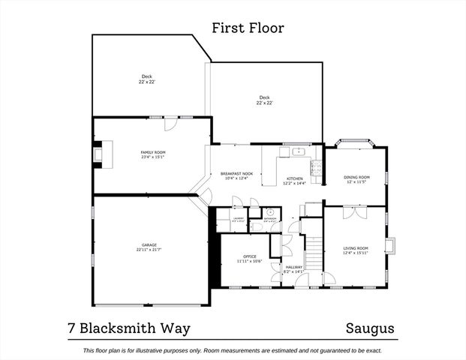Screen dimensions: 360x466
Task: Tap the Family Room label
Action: (x=152, y=152)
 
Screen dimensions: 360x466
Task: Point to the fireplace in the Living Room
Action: (x=389, y=247)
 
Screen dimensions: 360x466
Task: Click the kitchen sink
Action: (x=299, y=152)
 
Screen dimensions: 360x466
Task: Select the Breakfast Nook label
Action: (x=238, y=174)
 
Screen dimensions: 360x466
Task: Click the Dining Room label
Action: (x=356, y=177)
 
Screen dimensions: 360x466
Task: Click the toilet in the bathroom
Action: (x=256, y=225)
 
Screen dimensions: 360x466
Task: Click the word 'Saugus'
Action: (x=370, y=328)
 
